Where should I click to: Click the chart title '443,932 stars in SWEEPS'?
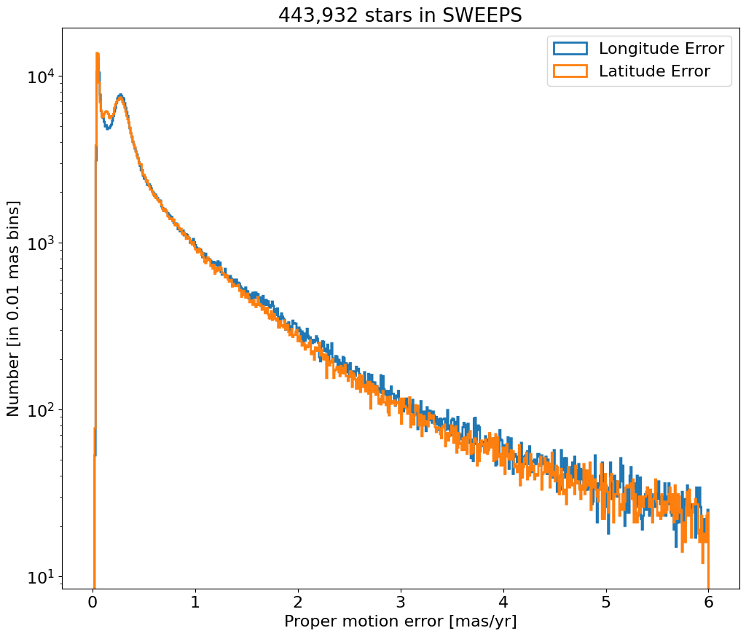[x=400, y=15]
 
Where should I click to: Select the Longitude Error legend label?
[x=661, y=49]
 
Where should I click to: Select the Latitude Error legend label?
[x=654, y=71]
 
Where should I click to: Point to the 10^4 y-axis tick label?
[x=41, y=76]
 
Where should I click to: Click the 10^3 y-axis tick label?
[x=41, y=243]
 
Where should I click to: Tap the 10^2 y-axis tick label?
[x=41, y=409]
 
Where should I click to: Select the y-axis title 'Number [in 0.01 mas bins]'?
[x=14, y=308]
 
